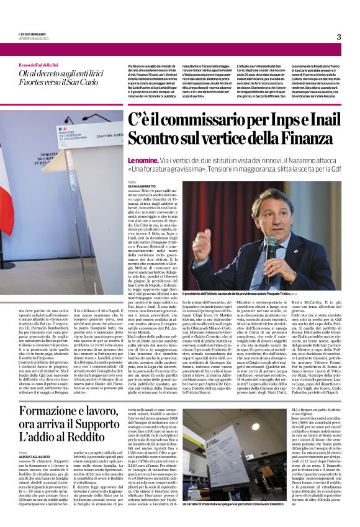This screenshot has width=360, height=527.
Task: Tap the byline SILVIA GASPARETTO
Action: (143, 186)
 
